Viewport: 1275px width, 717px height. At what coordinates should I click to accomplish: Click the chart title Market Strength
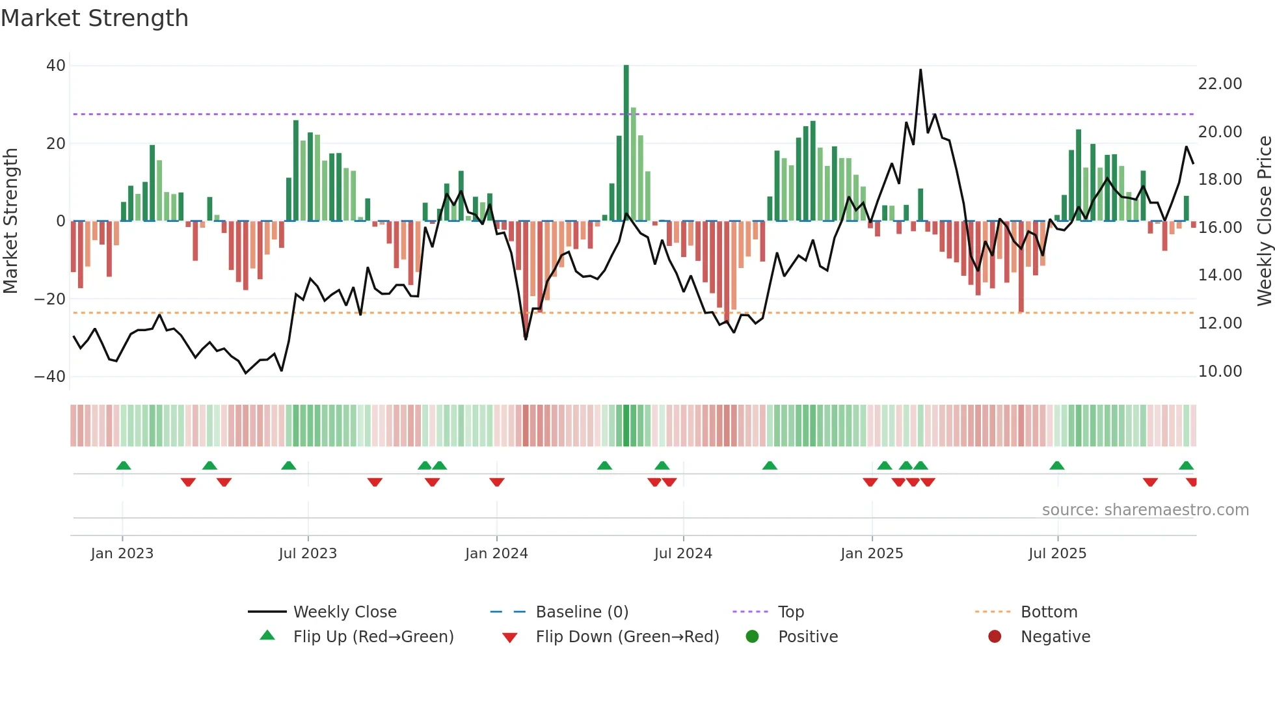[95, 18]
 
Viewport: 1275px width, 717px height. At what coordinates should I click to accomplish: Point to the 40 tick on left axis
[56, 66]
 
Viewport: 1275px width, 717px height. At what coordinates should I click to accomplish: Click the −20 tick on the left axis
[50, 299]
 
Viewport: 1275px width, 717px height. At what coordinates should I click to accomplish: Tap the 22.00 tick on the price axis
[1220, 84]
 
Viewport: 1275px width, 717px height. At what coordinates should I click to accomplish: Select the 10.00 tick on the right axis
[1220, 372]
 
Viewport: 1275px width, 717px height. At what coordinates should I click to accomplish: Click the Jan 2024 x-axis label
[496, 554]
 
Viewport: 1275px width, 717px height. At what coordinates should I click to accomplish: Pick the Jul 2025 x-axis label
[1057, 554]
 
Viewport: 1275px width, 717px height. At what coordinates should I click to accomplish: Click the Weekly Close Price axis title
[1264, 221]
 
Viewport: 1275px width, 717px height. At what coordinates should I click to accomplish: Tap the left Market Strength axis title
[11, 221]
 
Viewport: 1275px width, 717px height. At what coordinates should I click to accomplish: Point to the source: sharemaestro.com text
[1145, 510]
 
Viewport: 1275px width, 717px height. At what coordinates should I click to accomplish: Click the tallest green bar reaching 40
[626, 143]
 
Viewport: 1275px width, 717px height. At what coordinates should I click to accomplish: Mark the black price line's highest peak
[920, 70]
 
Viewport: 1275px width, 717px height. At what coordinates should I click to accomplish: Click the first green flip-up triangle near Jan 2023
[124, 465]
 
